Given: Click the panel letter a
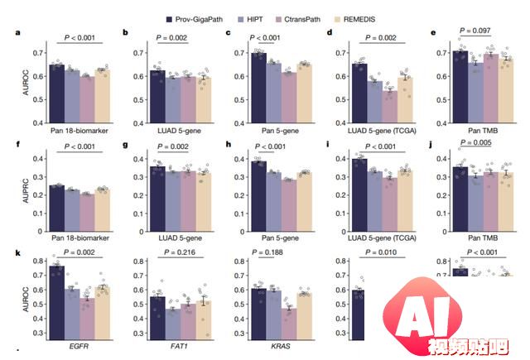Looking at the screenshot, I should [17, 33].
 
